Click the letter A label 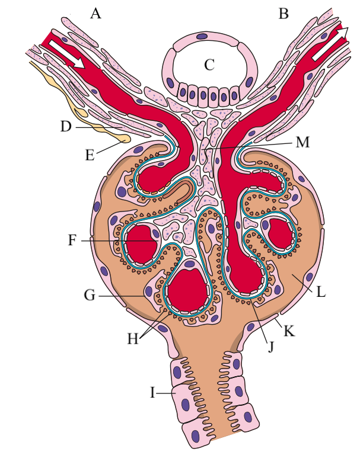(95, 13)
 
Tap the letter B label (283, 13)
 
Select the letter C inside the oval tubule (209, 65)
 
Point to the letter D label (66, 126)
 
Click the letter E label (90, 156)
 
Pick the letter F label (72, 241)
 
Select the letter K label (289, 331)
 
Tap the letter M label (303, 143)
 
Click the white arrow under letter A (67, 55)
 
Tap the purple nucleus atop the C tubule (202, 37)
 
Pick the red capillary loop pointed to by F (141, 242)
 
